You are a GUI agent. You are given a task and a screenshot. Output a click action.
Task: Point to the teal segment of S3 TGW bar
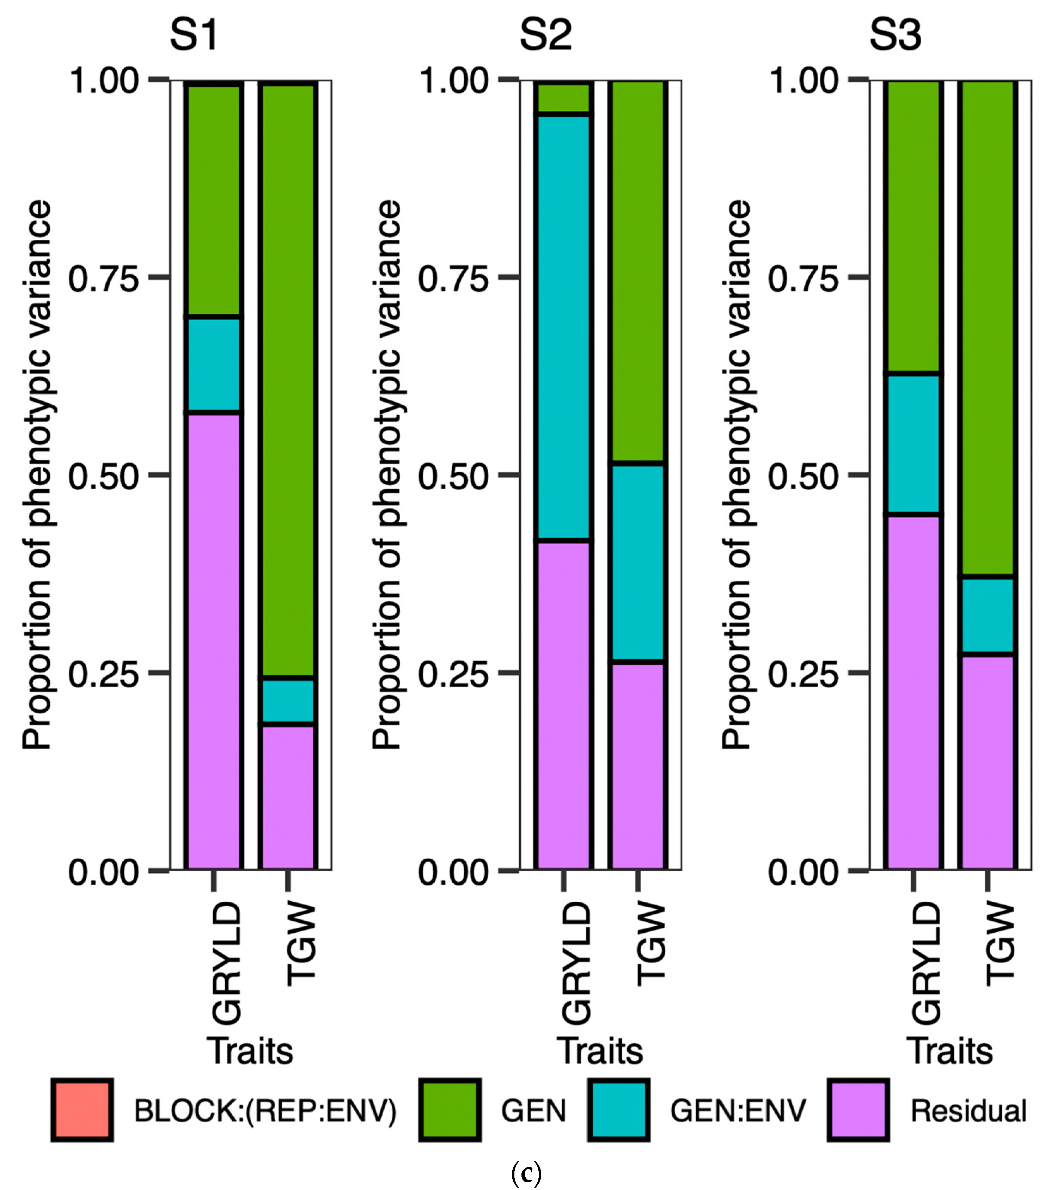988,615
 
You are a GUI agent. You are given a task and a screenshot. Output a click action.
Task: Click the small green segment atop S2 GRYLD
563,98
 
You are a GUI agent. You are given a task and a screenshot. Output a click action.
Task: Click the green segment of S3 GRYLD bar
912,227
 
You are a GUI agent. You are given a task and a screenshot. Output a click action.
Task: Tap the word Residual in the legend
968,1110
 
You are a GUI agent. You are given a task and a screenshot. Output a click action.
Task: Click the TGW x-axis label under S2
650,943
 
